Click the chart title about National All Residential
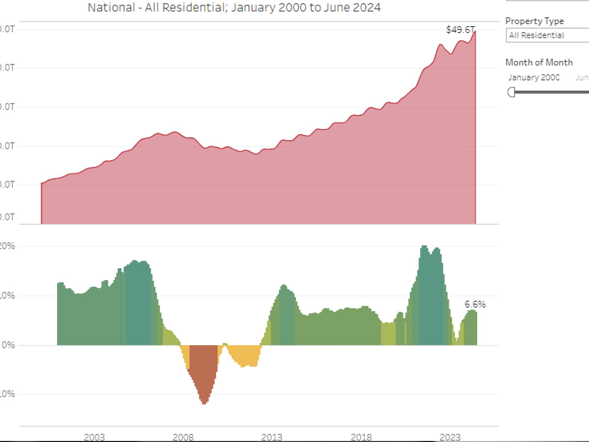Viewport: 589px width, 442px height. click(234, 8)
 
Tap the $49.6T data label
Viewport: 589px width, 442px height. click(460, 30)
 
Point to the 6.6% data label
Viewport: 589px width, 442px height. click(475, 304)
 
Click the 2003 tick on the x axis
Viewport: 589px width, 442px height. click(94, 437)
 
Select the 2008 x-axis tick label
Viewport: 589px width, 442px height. click(183, 437)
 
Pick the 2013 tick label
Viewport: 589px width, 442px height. click(272, 437)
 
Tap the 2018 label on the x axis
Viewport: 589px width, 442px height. click(361, 437)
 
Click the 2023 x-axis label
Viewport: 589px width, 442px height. click(450, 437)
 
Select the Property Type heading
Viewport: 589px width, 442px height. click(535, 21)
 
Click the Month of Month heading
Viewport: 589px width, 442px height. click(539, 62)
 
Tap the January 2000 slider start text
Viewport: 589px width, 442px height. click(533, 77)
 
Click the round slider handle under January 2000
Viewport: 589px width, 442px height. click(512, 92)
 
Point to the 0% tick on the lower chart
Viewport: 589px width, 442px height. click(8, 345)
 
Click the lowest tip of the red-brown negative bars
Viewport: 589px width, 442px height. click(204, 403)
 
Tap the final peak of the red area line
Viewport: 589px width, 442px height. click(475, 32)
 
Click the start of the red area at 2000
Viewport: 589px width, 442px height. click(42, 184)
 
